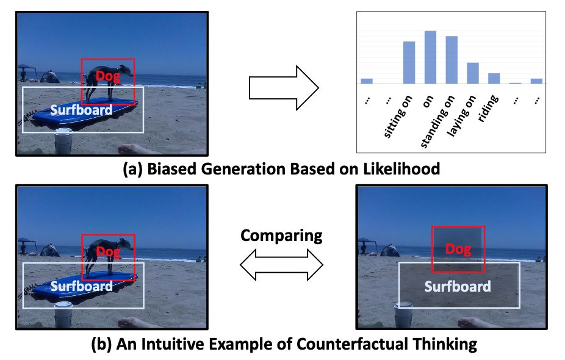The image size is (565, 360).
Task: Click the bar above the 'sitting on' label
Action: pyautogui.click(x=409, y=62)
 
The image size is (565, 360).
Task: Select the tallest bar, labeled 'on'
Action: pyautogui.click(x=430, y=57)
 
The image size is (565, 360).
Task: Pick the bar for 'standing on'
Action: pyautogui.click(x=452, y=60)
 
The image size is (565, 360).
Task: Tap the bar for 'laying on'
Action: pyautogui.click(x=473, y=73)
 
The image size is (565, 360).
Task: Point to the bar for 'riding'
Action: pyautogui.click(x=494, y=78)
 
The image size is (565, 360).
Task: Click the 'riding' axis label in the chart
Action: pyautogui.click(x=488, y=109)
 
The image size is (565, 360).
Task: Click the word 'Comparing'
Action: pyautogui.click(x=281, y=236)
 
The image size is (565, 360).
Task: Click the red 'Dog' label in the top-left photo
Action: pyautogui.click(x=107, y=76)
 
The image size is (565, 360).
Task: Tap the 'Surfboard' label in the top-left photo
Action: pyautogui.click(x=81, y=110)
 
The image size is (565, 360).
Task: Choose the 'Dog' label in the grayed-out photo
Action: pyautogui.click(x=458, y=249)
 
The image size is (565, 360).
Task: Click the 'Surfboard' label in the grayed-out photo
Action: pyautogui.click(x=458, y=286)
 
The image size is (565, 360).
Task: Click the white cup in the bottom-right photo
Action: pyautogui.click(x=403, y=315)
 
